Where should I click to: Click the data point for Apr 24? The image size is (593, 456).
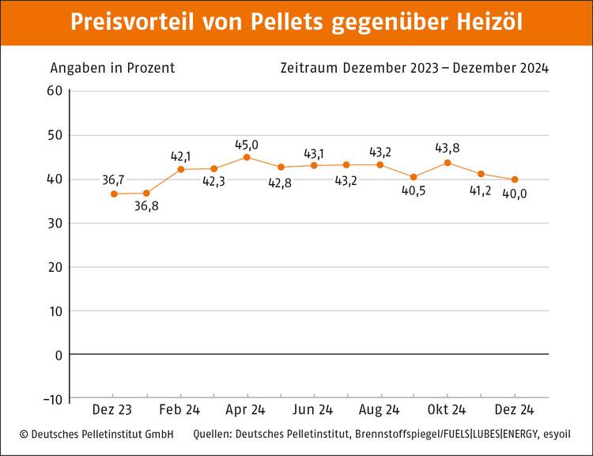(247, 157)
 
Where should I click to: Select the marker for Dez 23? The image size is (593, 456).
(114, 194)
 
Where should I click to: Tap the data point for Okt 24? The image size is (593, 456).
(448, 163)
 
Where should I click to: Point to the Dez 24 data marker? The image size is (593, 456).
(515, 179)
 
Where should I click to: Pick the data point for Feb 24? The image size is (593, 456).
(180, 169)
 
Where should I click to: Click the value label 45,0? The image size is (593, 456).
(247, 145)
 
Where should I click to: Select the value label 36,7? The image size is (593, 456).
(114, 180)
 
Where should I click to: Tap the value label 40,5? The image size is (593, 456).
(414, 190)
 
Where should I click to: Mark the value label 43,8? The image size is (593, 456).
(448, 148)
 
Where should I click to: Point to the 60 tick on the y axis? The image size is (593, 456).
(55, 91)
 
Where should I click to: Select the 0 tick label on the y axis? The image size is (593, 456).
(59, 355)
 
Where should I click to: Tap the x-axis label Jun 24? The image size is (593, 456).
(314, 410)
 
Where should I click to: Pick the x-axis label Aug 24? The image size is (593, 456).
(380, 410)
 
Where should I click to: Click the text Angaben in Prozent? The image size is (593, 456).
(112, 68)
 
